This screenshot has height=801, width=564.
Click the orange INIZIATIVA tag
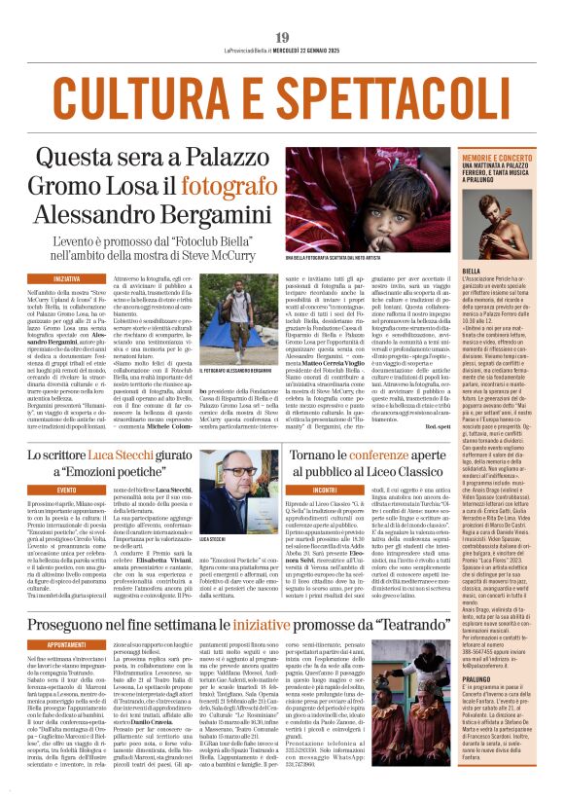click(67, 278)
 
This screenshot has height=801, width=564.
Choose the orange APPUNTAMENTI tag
click(73, 644)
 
